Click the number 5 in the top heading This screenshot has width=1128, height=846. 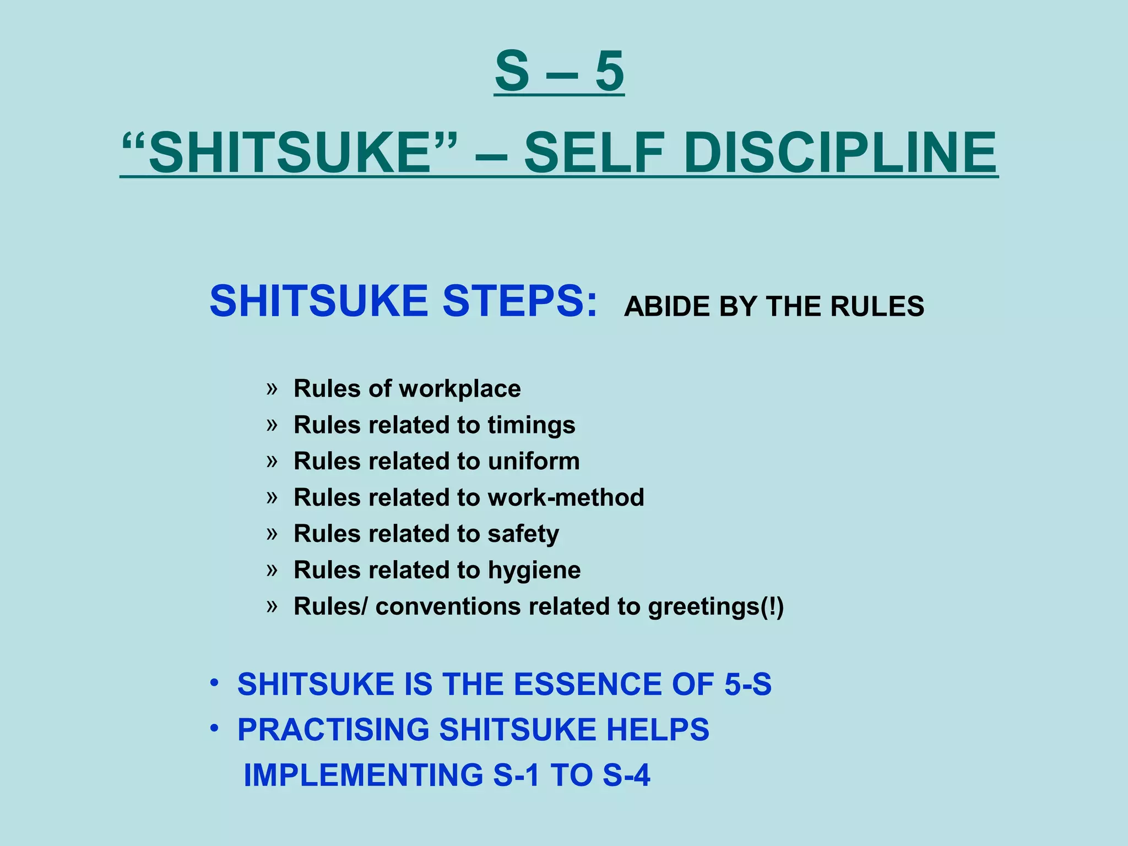coord(610,72)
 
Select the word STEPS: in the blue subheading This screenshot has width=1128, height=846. coord(520,301)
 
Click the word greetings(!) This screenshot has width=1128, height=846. coord(715,607)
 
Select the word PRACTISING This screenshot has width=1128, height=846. coord(333,730)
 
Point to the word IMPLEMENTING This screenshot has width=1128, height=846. coord(364,775)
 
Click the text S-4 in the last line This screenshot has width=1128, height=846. coord(626,775)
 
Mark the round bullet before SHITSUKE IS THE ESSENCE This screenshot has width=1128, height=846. coord(214,684)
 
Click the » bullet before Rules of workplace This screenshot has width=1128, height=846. coord(272,389)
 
